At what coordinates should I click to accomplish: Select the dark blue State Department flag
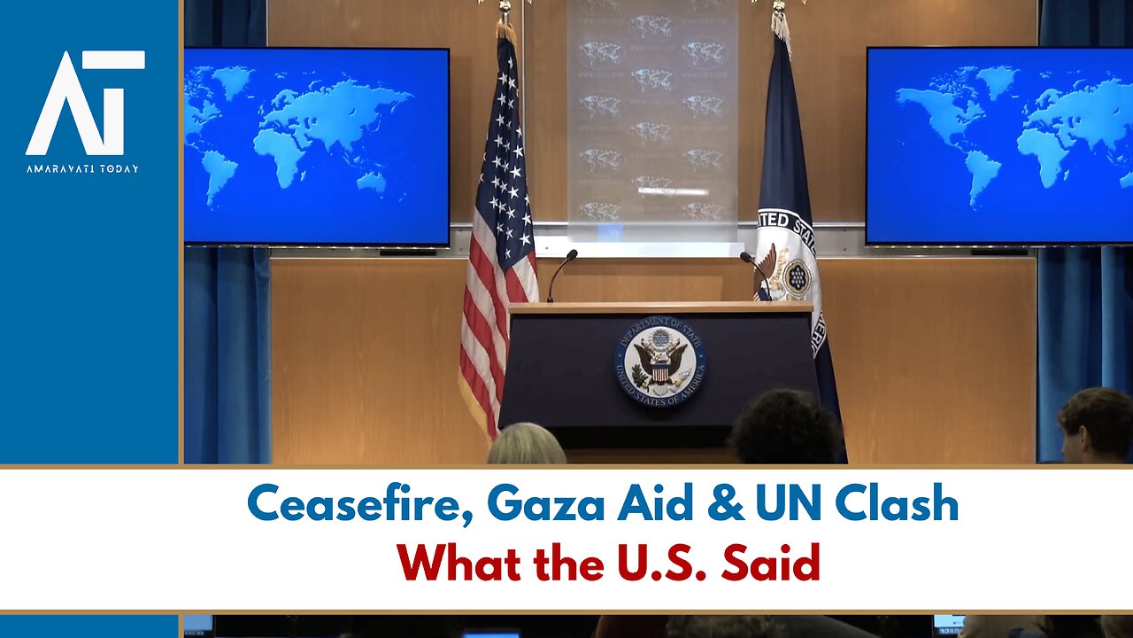point(790,230)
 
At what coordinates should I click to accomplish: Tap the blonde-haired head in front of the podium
point(526,445)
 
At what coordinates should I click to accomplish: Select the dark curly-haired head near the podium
point(784,429)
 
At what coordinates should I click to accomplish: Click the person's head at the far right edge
point(1096,425)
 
